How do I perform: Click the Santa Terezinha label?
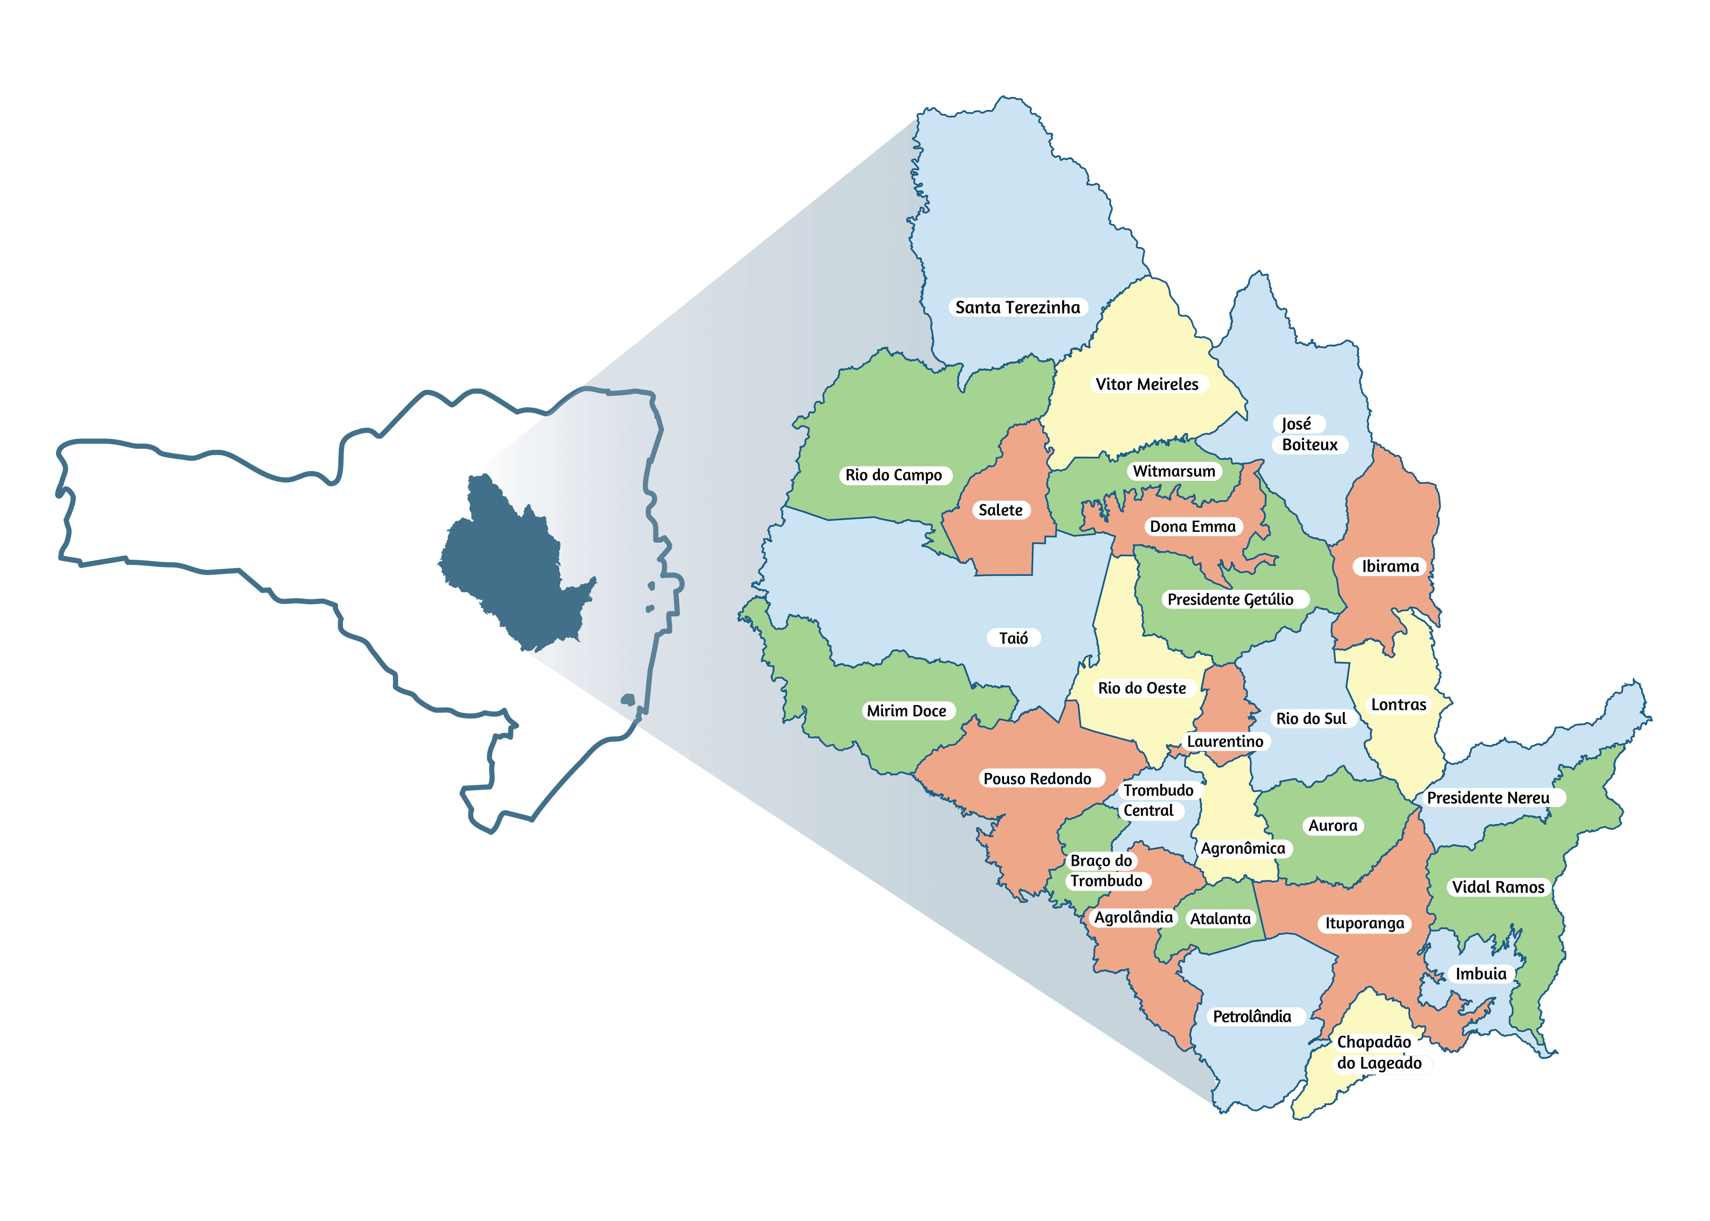[1018, 308]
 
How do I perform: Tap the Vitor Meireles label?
[1147, 384]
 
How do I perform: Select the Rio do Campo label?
[893, 475]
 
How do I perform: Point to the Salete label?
[1000, 510]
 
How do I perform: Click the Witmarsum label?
[1174, 471]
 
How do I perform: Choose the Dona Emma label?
[1193, 526]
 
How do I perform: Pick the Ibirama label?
[1390, 566]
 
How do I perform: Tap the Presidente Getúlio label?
[1230, 599]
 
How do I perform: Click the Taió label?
[1013, 638]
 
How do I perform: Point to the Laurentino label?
[1225, 741]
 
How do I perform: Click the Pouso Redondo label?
[1037, 779]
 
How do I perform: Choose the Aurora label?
[1332, 826]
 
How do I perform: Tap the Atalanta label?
[1220, 919]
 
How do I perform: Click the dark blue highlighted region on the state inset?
[511, 572]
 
